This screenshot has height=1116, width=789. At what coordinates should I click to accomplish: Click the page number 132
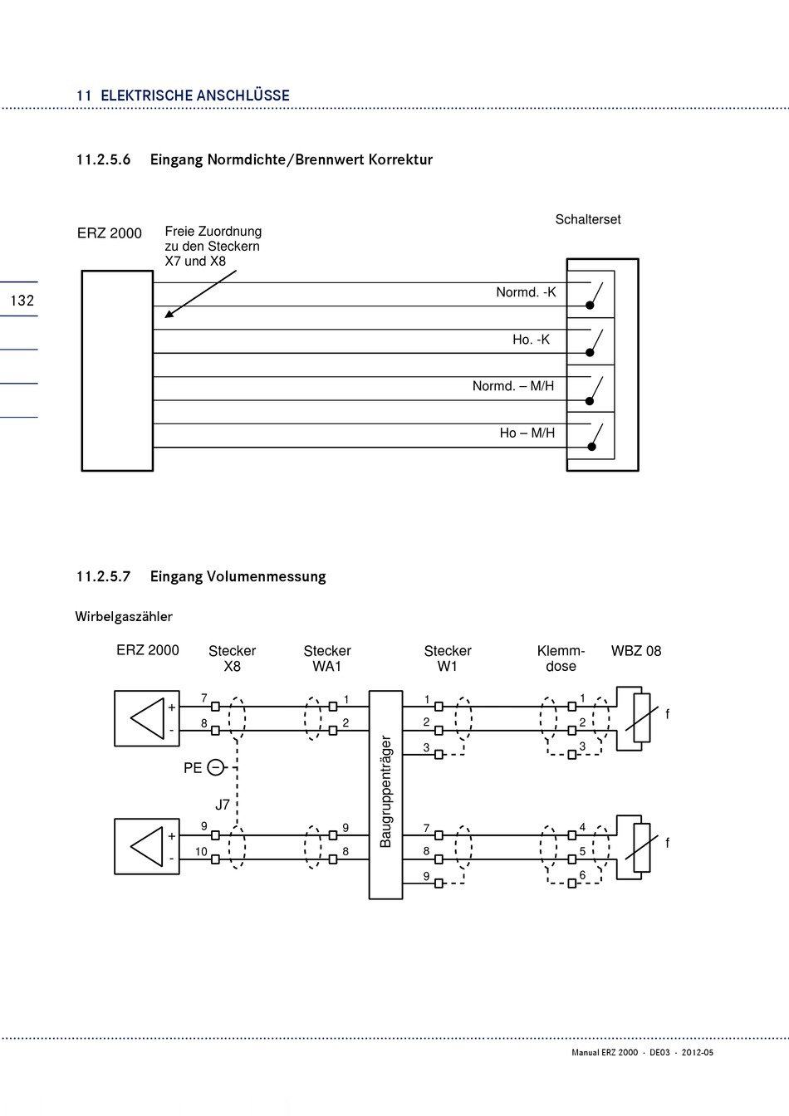coord(22,301)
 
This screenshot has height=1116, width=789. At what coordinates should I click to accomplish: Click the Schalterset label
coord(588,220)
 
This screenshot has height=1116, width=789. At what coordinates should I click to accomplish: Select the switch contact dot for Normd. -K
coord(590,306)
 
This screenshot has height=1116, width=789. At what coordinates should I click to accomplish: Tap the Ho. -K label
coord(531,340)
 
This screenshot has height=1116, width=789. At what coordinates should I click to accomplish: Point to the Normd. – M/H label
coord(513,386)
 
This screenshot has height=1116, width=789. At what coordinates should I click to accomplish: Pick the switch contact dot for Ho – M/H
coord(591,447)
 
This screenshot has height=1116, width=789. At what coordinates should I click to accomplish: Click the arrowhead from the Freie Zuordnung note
coord(169,314)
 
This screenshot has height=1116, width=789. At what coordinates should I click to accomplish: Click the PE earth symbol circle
coord(216,767)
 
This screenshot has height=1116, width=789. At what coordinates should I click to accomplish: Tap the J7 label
coord(223,804)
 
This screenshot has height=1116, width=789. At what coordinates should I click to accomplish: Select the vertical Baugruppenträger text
coord(385,791)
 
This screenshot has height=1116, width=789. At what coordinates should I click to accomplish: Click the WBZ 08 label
coord(636,651)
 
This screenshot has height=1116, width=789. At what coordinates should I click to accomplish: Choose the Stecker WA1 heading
coord(327,658)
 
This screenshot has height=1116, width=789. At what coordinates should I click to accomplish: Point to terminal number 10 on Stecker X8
coord(201,851)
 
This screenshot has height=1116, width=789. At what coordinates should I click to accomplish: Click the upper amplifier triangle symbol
coord(147,718)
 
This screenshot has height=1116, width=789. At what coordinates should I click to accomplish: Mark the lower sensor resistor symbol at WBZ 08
coord(642,848)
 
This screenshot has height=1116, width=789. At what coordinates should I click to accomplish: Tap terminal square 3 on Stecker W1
coord(439,755)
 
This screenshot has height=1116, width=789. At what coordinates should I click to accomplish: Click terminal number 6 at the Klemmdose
coord(582,875)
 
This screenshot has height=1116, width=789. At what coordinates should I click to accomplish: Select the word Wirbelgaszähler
coord(124,617)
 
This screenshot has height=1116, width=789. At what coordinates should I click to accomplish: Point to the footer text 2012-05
coord(698,1052)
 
